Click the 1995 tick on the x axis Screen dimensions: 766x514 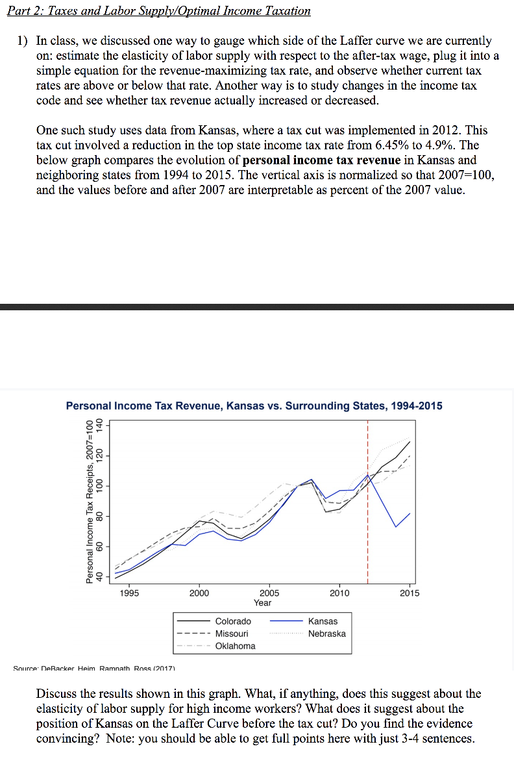tap(129, 593)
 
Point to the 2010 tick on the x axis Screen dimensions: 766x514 tap(339, 593)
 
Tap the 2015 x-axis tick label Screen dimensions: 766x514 tap(410, 593)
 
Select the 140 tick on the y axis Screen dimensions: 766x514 tap(99, 426)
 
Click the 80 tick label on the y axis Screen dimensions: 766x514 tap(99, 516)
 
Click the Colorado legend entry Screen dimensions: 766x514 tap(233, 621)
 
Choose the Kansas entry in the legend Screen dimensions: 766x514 tap(323, 621)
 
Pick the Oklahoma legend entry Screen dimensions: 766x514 tap(235, 646)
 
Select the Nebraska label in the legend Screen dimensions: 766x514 tap(326, 634)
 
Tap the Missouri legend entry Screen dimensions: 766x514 tap(232, 634)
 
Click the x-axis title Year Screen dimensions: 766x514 tap(262, 602)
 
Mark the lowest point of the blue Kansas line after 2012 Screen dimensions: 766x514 tap(396, 526)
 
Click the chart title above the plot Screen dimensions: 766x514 tap(254, 406)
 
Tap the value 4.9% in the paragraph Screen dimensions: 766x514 tap(443, 145)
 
